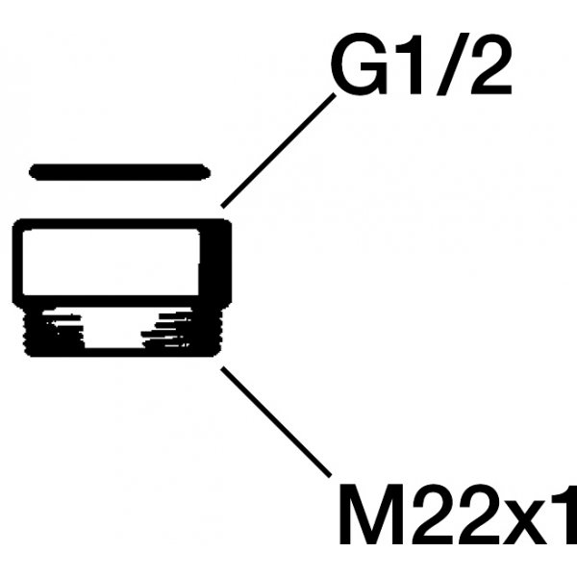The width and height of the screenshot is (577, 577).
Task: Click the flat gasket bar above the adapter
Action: click(x=119, y=172)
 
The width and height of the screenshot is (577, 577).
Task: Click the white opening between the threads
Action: click(x=120, y=332)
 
